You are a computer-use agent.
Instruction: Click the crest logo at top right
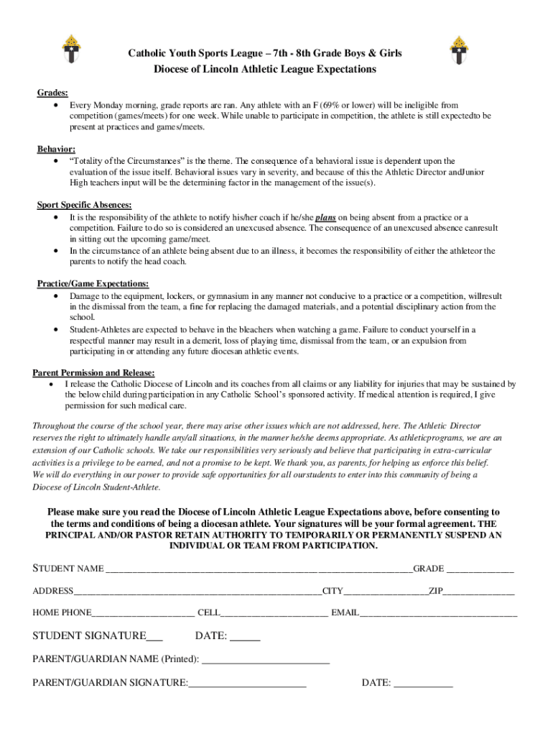tap(460, 51)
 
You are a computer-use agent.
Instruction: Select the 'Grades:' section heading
tap(53, 93)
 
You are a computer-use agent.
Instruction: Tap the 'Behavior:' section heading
tap(56, 149)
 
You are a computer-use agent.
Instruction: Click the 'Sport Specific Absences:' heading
tap(84, 205)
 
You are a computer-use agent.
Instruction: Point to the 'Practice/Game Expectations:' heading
tap(93, 284)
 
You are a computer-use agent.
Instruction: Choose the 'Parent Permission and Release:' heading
tap(93, 372)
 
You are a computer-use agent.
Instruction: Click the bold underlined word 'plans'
tap(327, 217)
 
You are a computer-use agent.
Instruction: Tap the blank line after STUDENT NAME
tap(259, 571)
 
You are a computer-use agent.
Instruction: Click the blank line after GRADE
tap(480, 571)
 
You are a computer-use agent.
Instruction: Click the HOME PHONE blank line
tap(143, 615)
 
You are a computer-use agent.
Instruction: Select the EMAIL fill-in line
tap(438, 615)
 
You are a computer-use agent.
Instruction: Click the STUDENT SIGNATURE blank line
tap(155, 638)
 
